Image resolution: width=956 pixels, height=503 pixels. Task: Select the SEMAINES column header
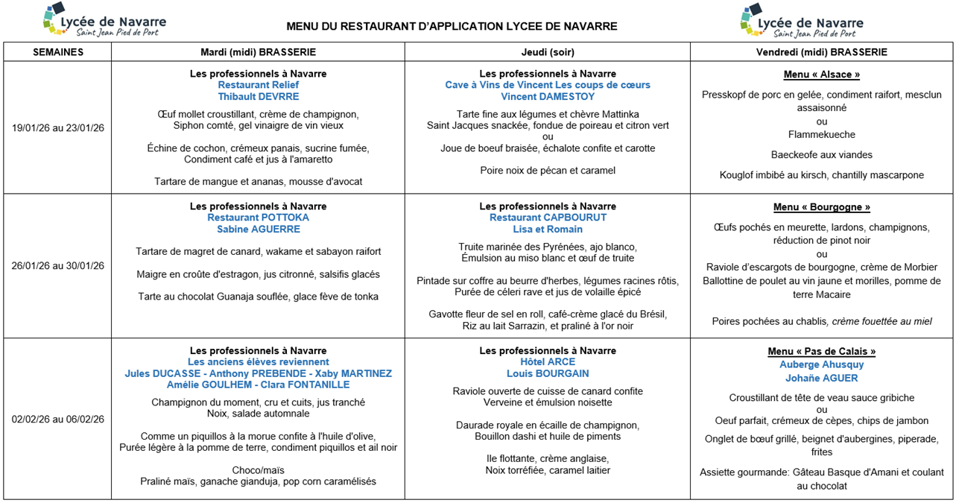click(x=58, y=52)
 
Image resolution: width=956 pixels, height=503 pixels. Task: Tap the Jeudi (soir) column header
click(x=547, y=52)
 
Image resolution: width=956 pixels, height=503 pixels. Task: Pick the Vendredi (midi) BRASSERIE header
click(x=821, y=52)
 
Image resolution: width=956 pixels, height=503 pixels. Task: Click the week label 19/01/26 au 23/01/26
click(x=58, y=127)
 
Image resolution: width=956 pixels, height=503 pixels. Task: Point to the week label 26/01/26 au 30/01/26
click(x=58, y=266)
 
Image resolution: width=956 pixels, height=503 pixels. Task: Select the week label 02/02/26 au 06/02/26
click(x=58, y=419)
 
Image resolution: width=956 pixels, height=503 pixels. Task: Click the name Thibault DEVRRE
click(x=258, y=97)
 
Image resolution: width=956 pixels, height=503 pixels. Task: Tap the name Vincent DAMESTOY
click(x=547, y=97)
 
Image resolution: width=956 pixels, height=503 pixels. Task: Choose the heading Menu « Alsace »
click(x=821, y=75)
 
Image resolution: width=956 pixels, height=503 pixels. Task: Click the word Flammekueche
click(x=821, y=135)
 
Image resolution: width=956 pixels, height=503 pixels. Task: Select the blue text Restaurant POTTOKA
click(x=258, y=218)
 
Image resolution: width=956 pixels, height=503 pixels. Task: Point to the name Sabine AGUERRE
click(x=258, y=230)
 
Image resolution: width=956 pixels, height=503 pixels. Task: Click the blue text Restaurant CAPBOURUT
click(x=547, y=218)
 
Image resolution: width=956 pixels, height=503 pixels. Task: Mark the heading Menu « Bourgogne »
click(x=821, y=207)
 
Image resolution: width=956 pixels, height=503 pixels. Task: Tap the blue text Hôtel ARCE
click(x=547, y=362)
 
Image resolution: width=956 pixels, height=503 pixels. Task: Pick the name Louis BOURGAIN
click(x=547, y=373)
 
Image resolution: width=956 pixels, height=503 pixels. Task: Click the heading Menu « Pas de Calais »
click(x=821, y=352)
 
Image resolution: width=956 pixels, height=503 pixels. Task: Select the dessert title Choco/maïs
click(x=258, y=470)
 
